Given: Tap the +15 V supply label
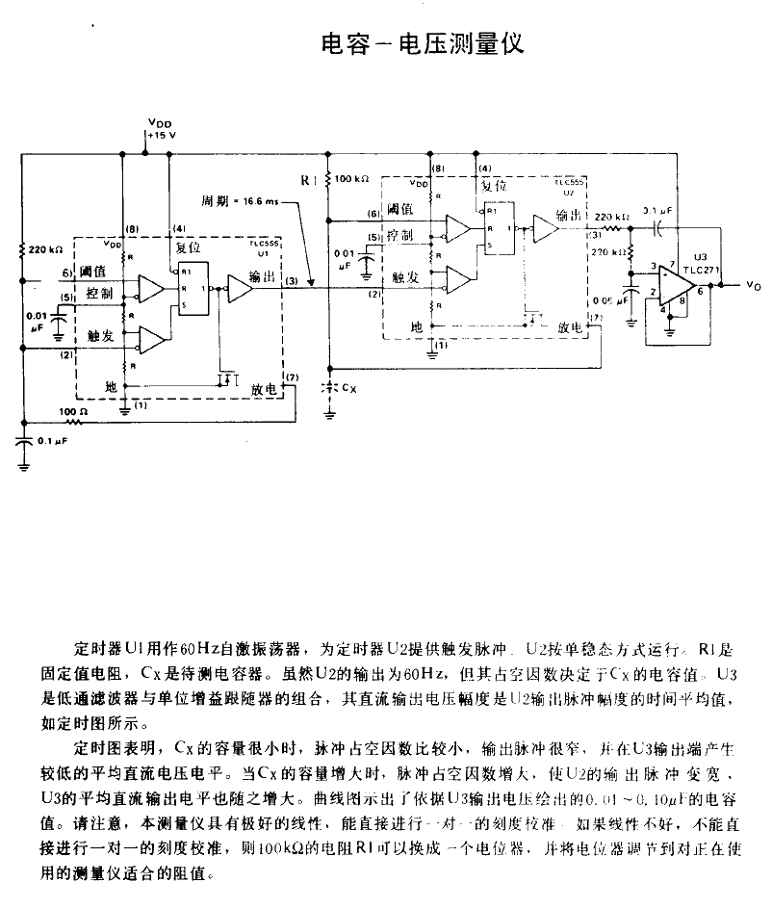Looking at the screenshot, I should click(x=161, y=136).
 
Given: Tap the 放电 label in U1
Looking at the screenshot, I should click(x=265, y=389).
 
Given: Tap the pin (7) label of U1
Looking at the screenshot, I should click(x=293, y=376).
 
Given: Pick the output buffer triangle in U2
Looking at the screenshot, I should click(x=545, y=228).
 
